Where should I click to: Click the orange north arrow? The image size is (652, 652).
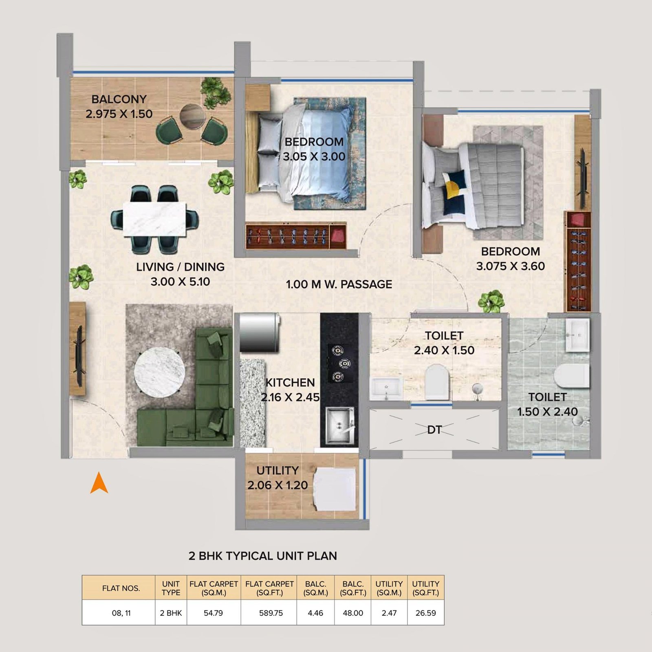click(x=99, y=484)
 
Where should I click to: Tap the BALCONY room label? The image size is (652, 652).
click(x=119, y=99)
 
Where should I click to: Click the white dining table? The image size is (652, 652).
click(x=154, y=219)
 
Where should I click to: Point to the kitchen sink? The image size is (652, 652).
click(x=339, y=426)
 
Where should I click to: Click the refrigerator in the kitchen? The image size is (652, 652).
click(x=259, y=332)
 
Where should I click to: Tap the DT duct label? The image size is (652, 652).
click(x=434, y=430)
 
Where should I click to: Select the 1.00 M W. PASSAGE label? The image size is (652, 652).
click(x=339, y=284)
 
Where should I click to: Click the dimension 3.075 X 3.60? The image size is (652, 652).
click(x=511, y=267)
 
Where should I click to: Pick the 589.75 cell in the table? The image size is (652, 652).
click(x=271, y=613)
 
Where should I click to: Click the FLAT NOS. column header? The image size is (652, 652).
click(x=121, y=588)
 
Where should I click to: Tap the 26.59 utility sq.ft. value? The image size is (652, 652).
click(x=426, y=613)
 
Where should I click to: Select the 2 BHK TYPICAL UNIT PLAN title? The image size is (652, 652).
click(x=263, y=556)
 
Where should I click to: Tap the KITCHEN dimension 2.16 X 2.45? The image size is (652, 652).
click(x=290, y=397)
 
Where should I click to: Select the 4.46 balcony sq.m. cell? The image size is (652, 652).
click(x=316, y=613)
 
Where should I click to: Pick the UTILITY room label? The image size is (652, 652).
click(x=278, y=471)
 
